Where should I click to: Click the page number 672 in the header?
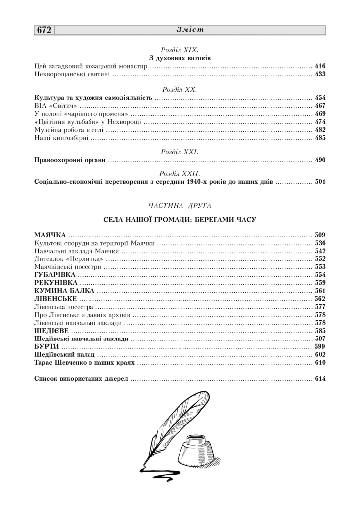(x=44, y=30)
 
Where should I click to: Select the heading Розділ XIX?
(x=180, y=50)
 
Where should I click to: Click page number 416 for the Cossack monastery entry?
(x=320, y=66)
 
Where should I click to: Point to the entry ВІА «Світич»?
(x=56, y=106)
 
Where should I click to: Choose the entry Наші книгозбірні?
(x=61, y=138)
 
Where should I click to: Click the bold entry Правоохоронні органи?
(x=70, y=160)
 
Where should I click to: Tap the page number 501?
(x=320, y=182)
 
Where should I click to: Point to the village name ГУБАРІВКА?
(x=55, y=275)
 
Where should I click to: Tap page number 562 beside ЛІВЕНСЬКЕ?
(x=320, y=299)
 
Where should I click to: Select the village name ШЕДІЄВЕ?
(x=51, y=331)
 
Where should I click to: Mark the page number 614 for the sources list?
(x=320, y=379)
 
